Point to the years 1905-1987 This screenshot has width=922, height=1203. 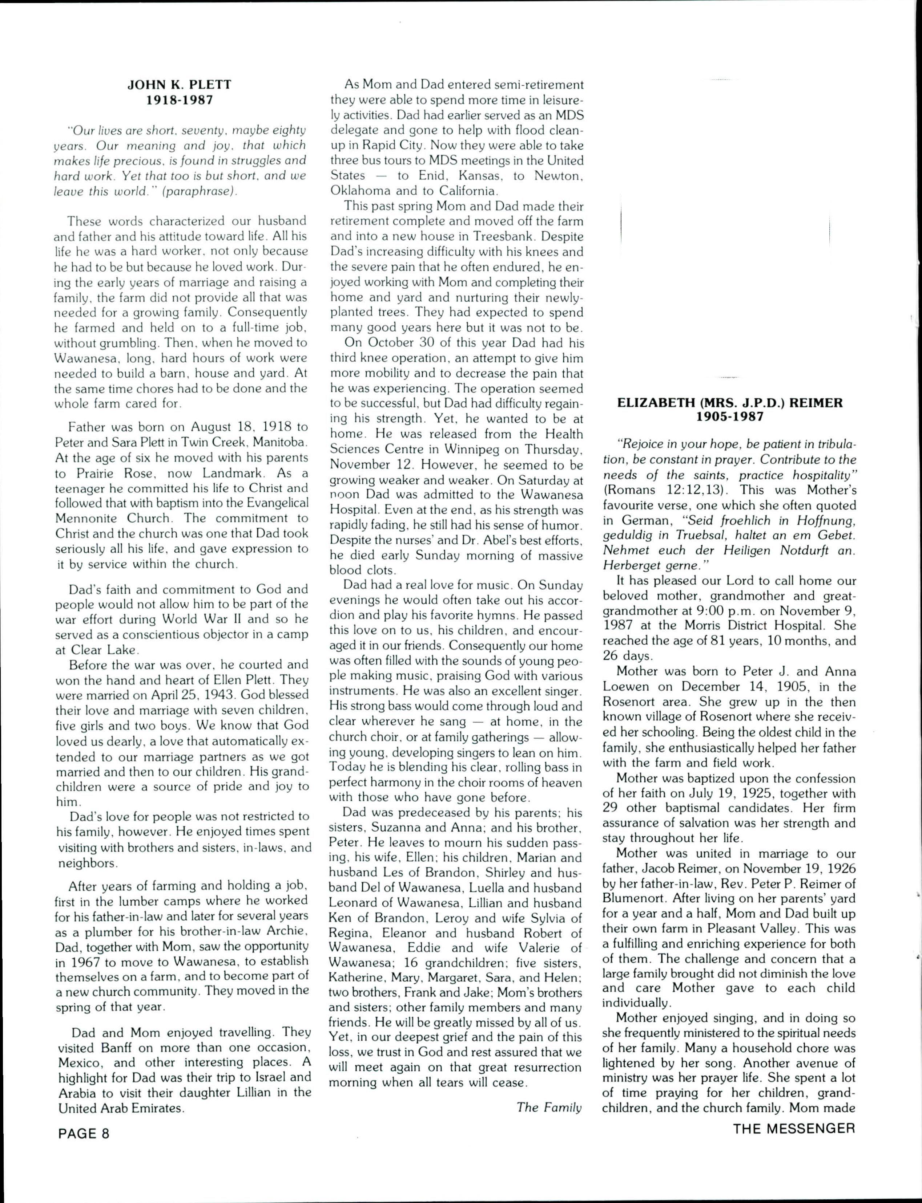coord(729,417)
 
